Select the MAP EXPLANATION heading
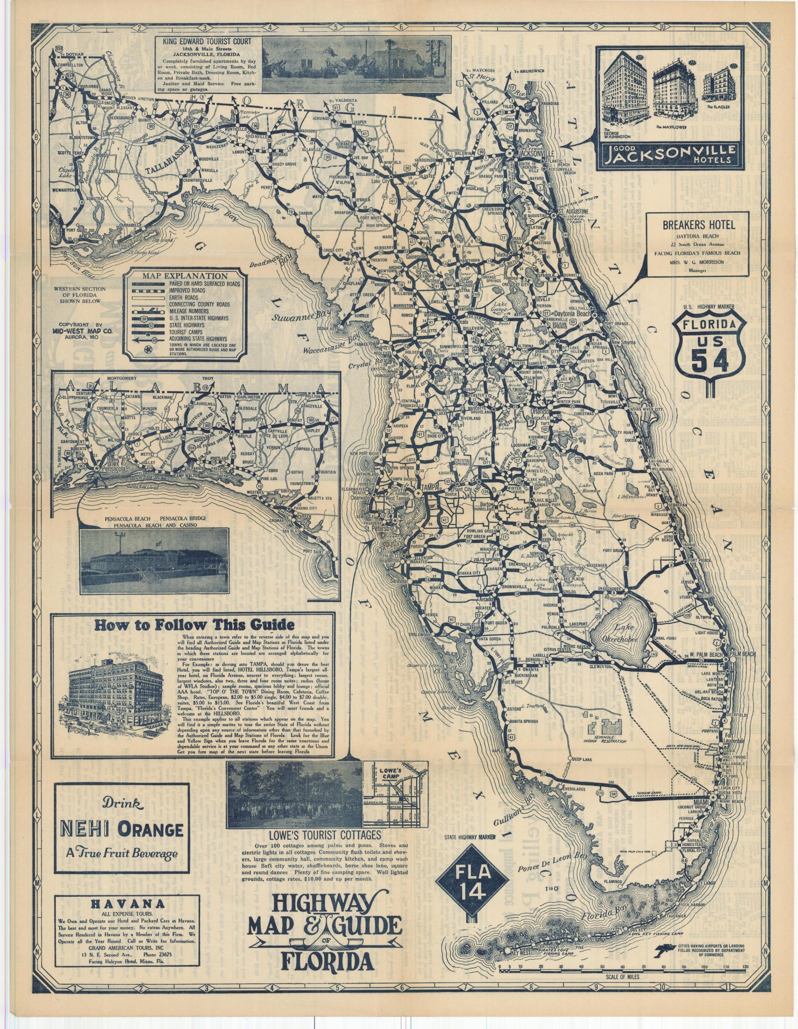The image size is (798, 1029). point(186,276)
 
